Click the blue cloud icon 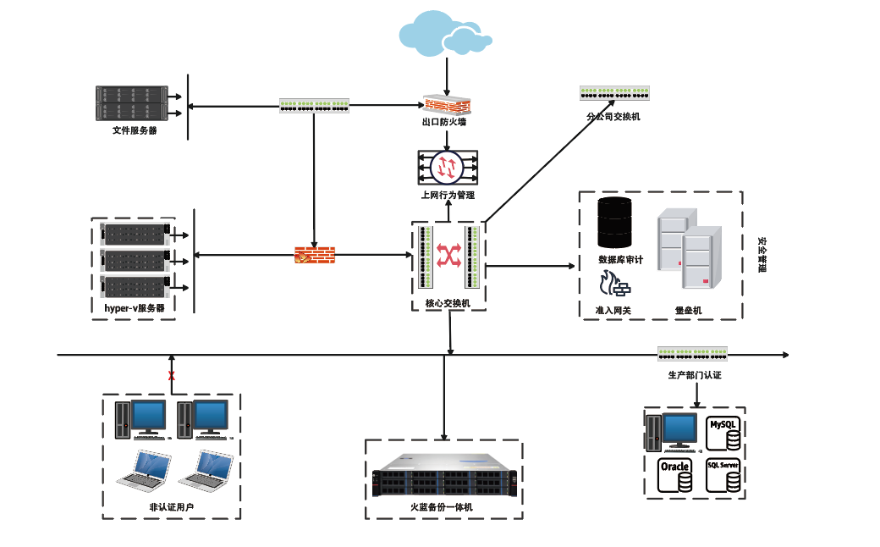446,33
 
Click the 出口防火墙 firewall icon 447,104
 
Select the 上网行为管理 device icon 448,167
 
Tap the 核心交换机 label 448,303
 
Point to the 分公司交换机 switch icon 614,94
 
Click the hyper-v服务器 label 135,308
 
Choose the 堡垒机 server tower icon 689,254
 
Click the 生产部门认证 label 694,374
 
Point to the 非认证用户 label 172,508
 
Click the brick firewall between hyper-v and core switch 314,254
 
